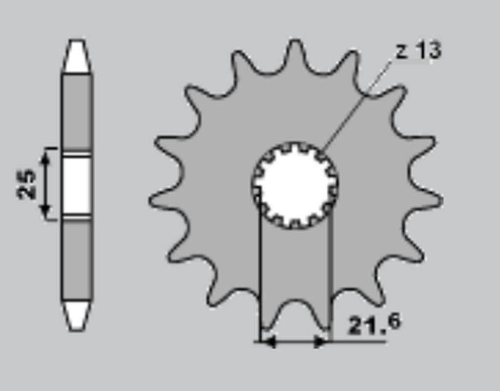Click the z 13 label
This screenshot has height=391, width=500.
coord(418,51)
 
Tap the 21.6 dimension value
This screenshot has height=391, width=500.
coord(374,324)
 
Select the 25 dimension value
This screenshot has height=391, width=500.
coord(27,184)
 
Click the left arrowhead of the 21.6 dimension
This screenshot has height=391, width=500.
coord(268,342)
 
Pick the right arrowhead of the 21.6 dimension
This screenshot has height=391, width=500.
coord(321,342)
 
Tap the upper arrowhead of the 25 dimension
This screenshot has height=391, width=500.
coord(45,157)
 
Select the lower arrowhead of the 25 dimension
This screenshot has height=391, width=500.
coord(45,211)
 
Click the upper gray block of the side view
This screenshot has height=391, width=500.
coord(76,111)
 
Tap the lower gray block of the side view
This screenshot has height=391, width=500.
coord(76,259)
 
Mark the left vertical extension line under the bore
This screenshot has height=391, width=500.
coord(260,274)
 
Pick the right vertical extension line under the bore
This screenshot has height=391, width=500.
coord(331,274)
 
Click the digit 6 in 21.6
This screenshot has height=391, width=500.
coord(393,323)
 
